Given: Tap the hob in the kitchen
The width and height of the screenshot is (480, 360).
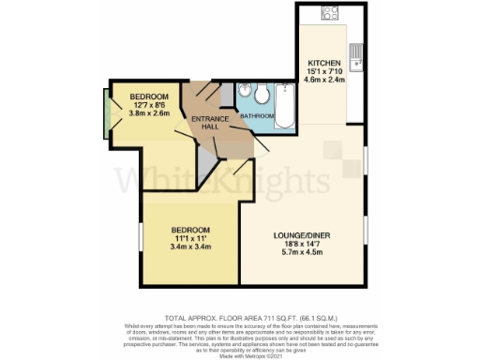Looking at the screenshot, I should point(330,15).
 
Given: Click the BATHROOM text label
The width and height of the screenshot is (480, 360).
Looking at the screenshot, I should point(255,115).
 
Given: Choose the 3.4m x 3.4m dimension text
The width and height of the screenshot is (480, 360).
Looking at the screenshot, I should point(189,247).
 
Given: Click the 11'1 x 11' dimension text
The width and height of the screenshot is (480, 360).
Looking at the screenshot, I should point(189,238).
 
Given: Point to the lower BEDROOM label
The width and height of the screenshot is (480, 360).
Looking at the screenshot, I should point(189,229).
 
